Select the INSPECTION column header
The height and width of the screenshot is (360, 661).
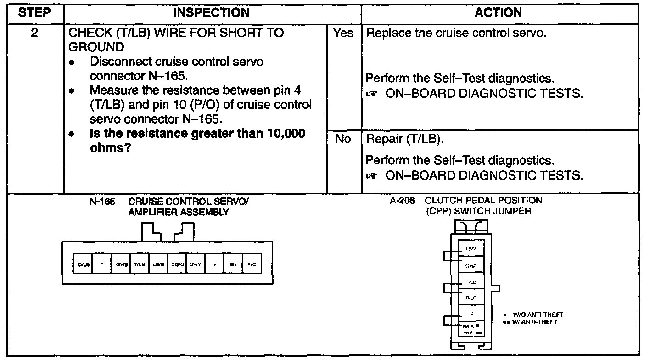tap(212, 13)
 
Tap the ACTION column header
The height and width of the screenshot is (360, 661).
tap(499, 13)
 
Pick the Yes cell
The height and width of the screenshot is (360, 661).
tap(343, 34)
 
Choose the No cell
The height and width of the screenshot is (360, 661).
tap(343, 139)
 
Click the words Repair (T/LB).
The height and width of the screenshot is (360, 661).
tap(404, 139)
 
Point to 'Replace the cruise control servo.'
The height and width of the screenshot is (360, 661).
tap(457, 34)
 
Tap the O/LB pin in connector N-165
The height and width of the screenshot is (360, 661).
tap(83, 264)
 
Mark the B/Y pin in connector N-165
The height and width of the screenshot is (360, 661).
tap(233, 264)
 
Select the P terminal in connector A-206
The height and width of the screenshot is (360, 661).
tap(471, 315)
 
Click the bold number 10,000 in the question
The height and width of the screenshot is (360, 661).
tap(283, 134)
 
